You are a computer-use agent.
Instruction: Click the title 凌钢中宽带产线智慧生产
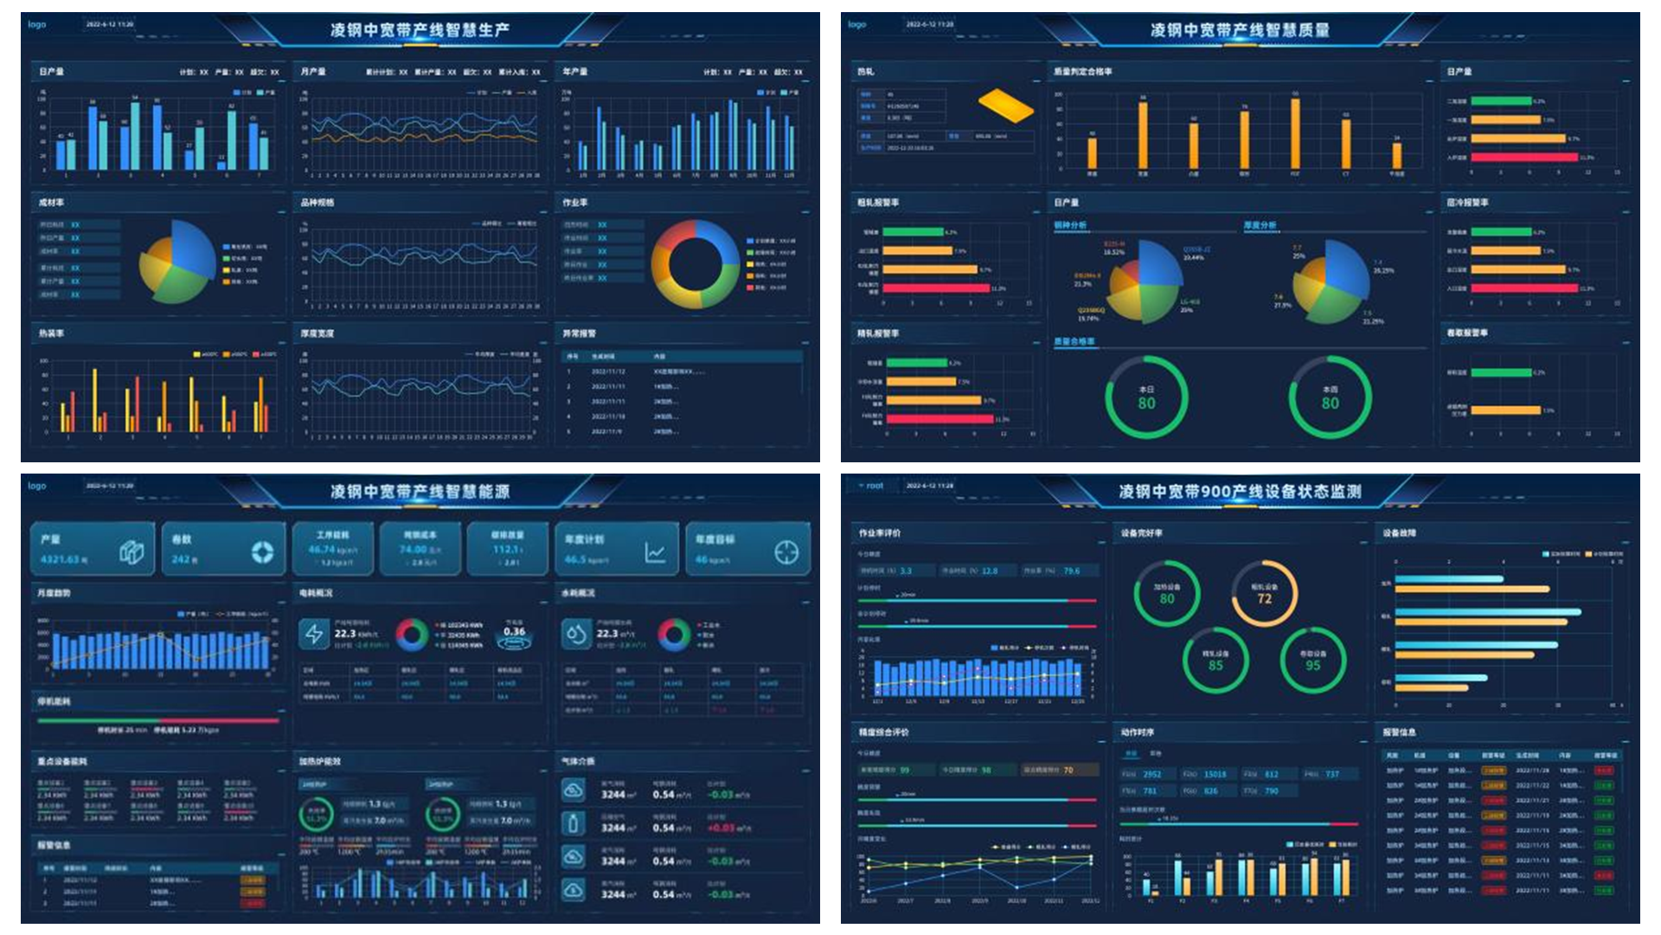(420, 30)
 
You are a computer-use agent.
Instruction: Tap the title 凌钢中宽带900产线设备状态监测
(1240, 492)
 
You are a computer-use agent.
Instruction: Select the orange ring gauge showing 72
(1264, 593)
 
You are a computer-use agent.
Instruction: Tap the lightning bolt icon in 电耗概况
(313, 635)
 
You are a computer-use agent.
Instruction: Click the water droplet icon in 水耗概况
(575, 635)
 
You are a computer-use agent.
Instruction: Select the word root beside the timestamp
(875, 486)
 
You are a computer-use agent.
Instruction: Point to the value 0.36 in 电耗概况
(514, 631)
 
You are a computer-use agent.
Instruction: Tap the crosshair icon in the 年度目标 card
(786, 552)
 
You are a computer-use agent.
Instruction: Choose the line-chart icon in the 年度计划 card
(655, 552)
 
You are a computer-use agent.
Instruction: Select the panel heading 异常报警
(579, 333)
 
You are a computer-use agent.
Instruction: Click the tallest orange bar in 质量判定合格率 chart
(1295, 133)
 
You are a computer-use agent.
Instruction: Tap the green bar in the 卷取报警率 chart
(1501, 373)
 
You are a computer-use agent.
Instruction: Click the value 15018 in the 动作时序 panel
(1215, 774)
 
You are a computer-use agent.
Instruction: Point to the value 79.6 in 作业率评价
(1071, 571)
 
